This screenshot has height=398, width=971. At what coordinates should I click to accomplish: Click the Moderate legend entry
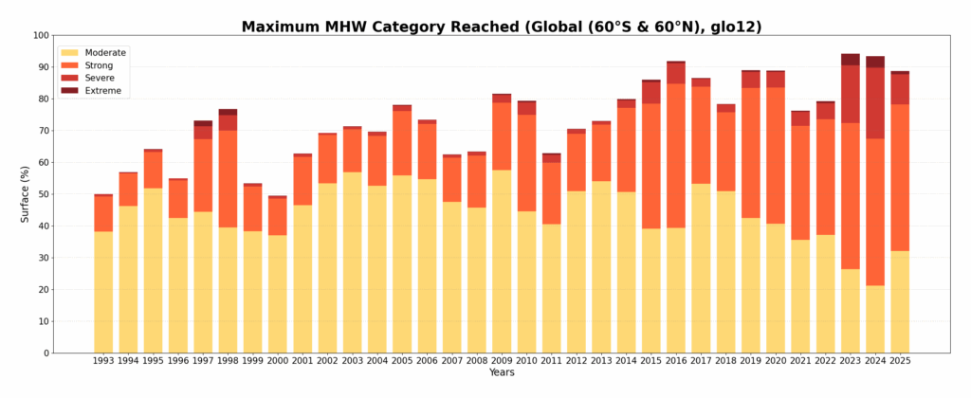click(x=105, y=53)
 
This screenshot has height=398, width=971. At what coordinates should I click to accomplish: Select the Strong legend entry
click(x=99, y=65)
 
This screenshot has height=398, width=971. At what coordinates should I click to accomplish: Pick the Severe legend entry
click(x=100, y=78)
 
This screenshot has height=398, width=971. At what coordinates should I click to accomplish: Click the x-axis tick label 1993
click(x=103, y=361)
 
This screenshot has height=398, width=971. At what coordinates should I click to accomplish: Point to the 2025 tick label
click(x=900, y=361)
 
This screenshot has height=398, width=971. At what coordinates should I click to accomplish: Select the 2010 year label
click(x=526, y=361)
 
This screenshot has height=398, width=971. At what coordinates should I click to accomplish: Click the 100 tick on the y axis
click(x=41, y=35)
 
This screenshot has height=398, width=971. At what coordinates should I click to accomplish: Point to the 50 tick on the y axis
click(x=44, y=194)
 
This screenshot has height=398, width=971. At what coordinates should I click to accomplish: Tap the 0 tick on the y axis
click(x=46, y=353)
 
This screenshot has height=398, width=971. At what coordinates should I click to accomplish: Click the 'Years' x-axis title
click(x=502, y=373)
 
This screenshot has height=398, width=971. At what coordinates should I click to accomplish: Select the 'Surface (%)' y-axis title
click(x=26, y=194)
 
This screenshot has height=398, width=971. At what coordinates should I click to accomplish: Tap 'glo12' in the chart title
click(x=737, y=27)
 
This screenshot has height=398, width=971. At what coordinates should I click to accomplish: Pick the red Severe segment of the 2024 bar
click(x=875, y=103)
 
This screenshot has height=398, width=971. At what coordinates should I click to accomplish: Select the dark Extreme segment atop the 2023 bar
click(x=851, y=60)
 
